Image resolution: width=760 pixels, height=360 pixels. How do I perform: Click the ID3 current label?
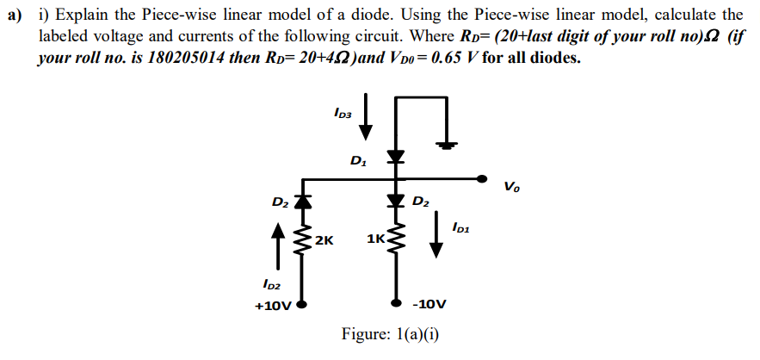342,112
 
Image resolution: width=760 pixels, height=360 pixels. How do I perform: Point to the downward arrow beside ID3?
367,116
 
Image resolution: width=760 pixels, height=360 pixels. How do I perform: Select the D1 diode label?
357,159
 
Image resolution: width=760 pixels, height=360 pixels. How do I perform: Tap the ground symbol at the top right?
445,145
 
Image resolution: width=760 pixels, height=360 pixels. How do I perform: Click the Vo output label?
511,185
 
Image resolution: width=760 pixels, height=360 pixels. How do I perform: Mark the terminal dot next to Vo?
482,179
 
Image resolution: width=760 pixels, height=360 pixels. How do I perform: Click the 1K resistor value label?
375,239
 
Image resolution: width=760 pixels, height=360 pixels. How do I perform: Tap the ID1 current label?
460,227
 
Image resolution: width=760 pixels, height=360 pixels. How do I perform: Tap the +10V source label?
275,304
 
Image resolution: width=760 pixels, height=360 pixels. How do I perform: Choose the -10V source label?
429,304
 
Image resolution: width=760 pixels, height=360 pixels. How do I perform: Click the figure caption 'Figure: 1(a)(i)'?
390,335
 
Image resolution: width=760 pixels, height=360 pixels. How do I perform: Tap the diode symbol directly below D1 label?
395,158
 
